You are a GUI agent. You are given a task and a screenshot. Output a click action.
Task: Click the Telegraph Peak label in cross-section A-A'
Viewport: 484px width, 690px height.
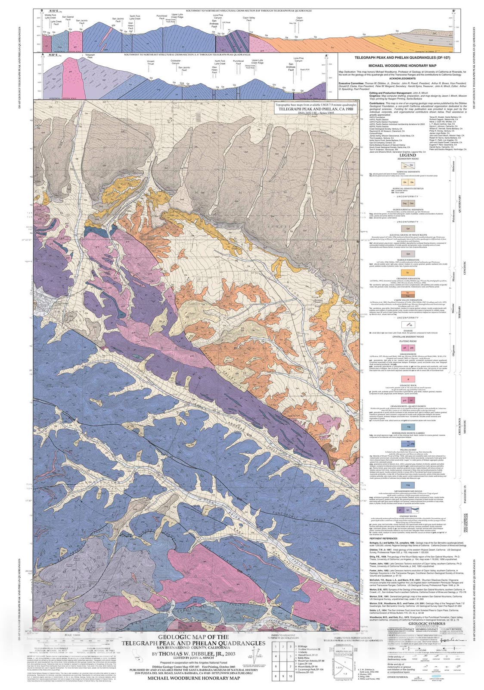(90, 56)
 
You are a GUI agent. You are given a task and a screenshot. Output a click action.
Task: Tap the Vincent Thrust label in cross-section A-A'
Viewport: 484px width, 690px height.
(151, 63)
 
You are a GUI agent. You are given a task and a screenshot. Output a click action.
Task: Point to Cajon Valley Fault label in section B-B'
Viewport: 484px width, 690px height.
(249, 19)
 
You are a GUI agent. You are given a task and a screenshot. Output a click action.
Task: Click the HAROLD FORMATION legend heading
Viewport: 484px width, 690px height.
(408, 260)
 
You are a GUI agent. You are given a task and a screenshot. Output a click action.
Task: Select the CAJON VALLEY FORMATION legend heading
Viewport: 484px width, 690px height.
(408, 300)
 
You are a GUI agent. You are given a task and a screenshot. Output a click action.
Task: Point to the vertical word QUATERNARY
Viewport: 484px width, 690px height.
(459, 203)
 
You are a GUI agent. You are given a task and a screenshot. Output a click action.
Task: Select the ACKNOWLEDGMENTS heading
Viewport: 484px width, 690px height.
(402, 78)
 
